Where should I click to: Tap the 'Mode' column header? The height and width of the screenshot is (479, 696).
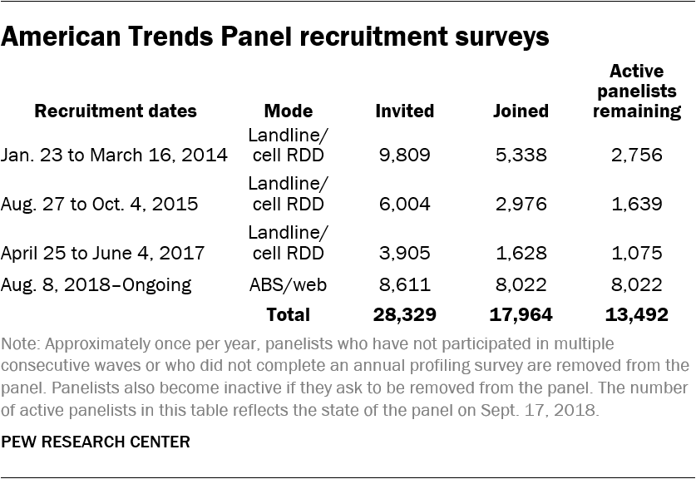[x=288, y=111]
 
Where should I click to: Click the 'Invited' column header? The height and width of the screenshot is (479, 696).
[x=404, y=111]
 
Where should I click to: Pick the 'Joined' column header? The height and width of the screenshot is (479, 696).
[x=520, y=111]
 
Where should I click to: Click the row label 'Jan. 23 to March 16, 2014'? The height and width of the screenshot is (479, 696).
[x=115, y=156]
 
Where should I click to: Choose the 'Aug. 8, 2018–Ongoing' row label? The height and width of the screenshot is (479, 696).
[x=97, y=285]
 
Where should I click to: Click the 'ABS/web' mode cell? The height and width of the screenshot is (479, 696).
[x=288, y=285]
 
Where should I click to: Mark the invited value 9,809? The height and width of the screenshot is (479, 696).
[x=404, y=156]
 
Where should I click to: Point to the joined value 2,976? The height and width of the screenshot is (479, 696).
[x=520, y=204]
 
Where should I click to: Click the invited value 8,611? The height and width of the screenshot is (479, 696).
[x=404, y=285]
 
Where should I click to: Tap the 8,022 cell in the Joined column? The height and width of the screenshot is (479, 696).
[x=520, y=285]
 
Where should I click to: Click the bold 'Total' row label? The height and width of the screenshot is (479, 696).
[x=287, y=315]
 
